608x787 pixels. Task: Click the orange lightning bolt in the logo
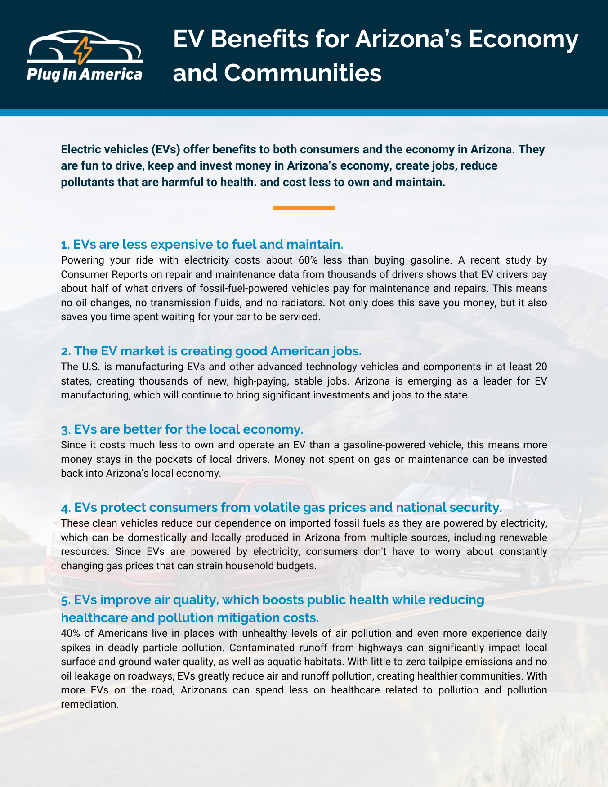[82, 50]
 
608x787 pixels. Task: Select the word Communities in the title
[303, 72]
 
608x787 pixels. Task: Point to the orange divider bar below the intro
[304, 208]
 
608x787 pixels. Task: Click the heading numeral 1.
[65, 245]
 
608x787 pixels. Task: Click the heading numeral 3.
[65, 429]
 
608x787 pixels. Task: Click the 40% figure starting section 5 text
[70, 634]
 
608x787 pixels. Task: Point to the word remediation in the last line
[89, 704]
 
